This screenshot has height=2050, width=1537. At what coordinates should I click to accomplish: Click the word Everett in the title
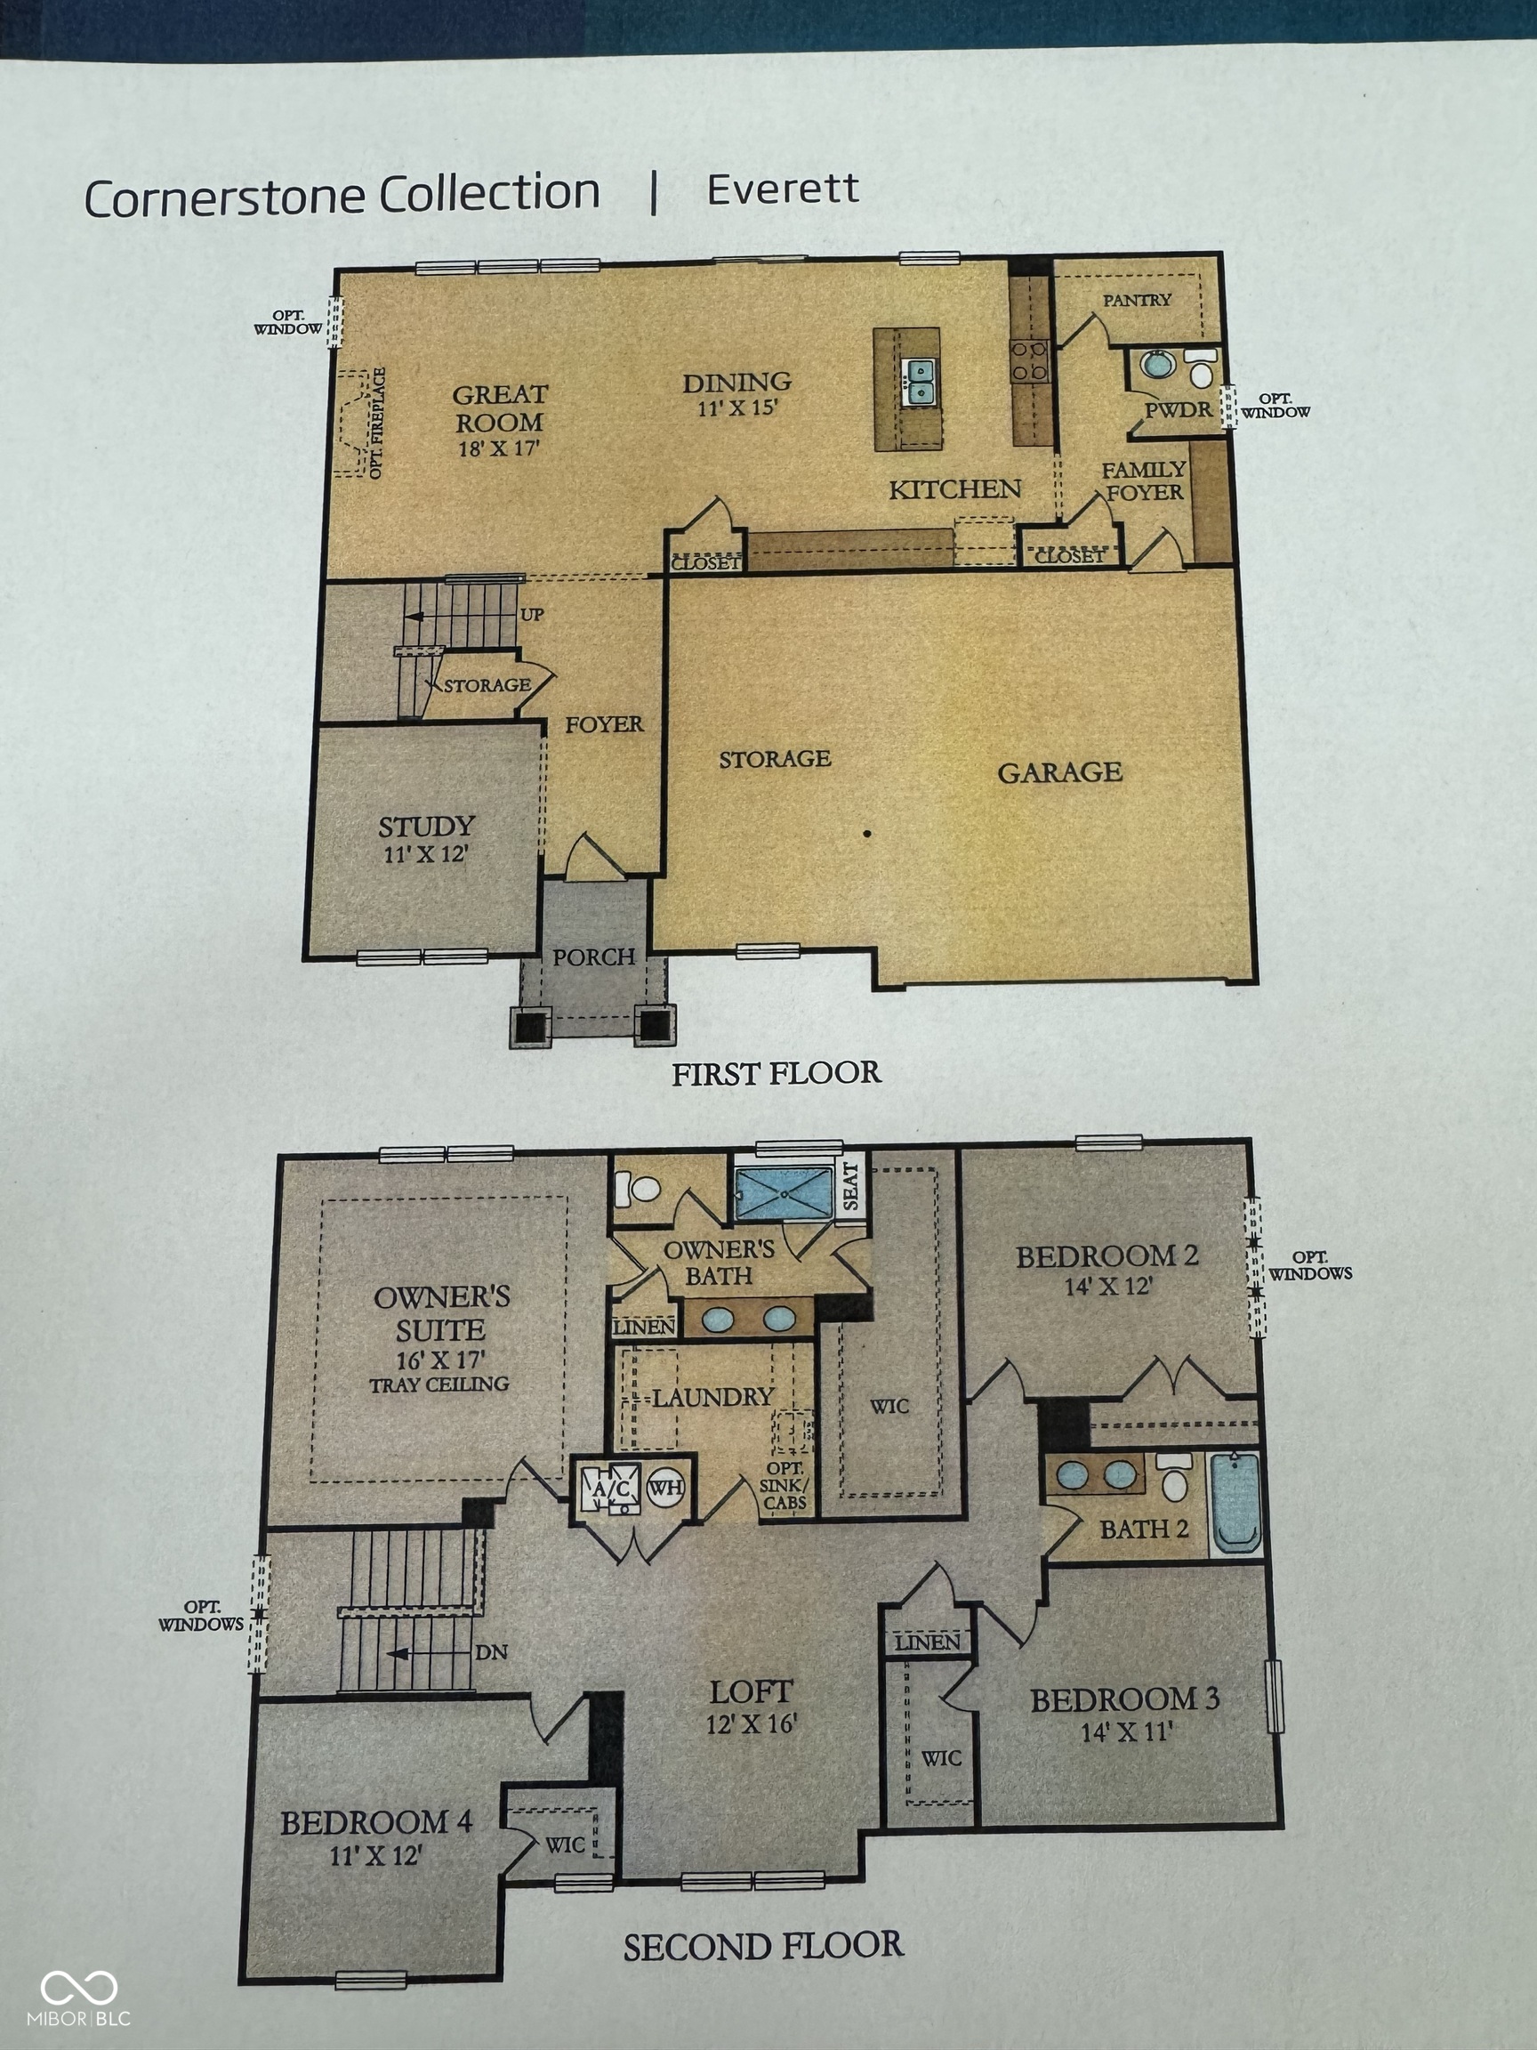point(783,190)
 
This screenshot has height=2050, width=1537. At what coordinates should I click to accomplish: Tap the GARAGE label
point(1060,772)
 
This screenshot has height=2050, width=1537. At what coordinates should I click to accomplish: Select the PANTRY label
point(1137,300)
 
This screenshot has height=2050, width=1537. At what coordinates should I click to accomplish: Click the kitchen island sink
point(919,381)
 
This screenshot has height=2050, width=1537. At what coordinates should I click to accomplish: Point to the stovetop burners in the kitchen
point(1028,360)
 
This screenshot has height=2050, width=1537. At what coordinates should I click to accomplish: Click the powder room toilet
point(1201,370)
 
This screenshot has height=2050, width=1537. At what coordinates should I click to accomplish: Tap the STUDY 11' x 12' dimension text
point(426,854)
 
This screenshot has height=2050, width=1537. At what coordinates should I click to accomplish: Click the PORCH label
point(594,956)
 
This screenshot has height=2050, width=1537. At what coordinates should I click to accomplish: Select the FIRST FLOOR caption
point(777,1074)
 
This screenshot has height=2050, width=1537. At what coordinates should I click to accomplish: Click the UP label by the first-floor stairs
point(532,615)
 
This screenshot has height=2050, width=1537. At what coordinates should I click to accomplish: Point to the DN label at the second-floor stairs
point(491,1652)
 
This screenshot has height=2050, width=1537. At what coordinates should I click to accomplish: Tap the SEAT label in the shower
point(849,1186)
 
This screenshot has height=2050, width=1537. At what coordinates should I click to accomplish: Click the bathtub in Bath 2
point(1235,1503)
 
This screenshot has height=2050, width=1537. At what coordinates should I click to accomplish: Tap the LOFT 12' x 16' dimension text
point(752,1723)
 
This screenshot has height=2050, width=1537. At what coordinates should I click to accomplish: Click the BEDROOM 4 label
point(376,1823)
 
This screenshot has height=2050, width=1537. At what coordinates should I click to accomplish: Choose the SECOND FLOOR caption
point(763,1946)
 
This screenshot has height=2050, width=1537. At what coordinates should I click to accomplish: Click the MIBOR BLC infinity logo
point(79,1987)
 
